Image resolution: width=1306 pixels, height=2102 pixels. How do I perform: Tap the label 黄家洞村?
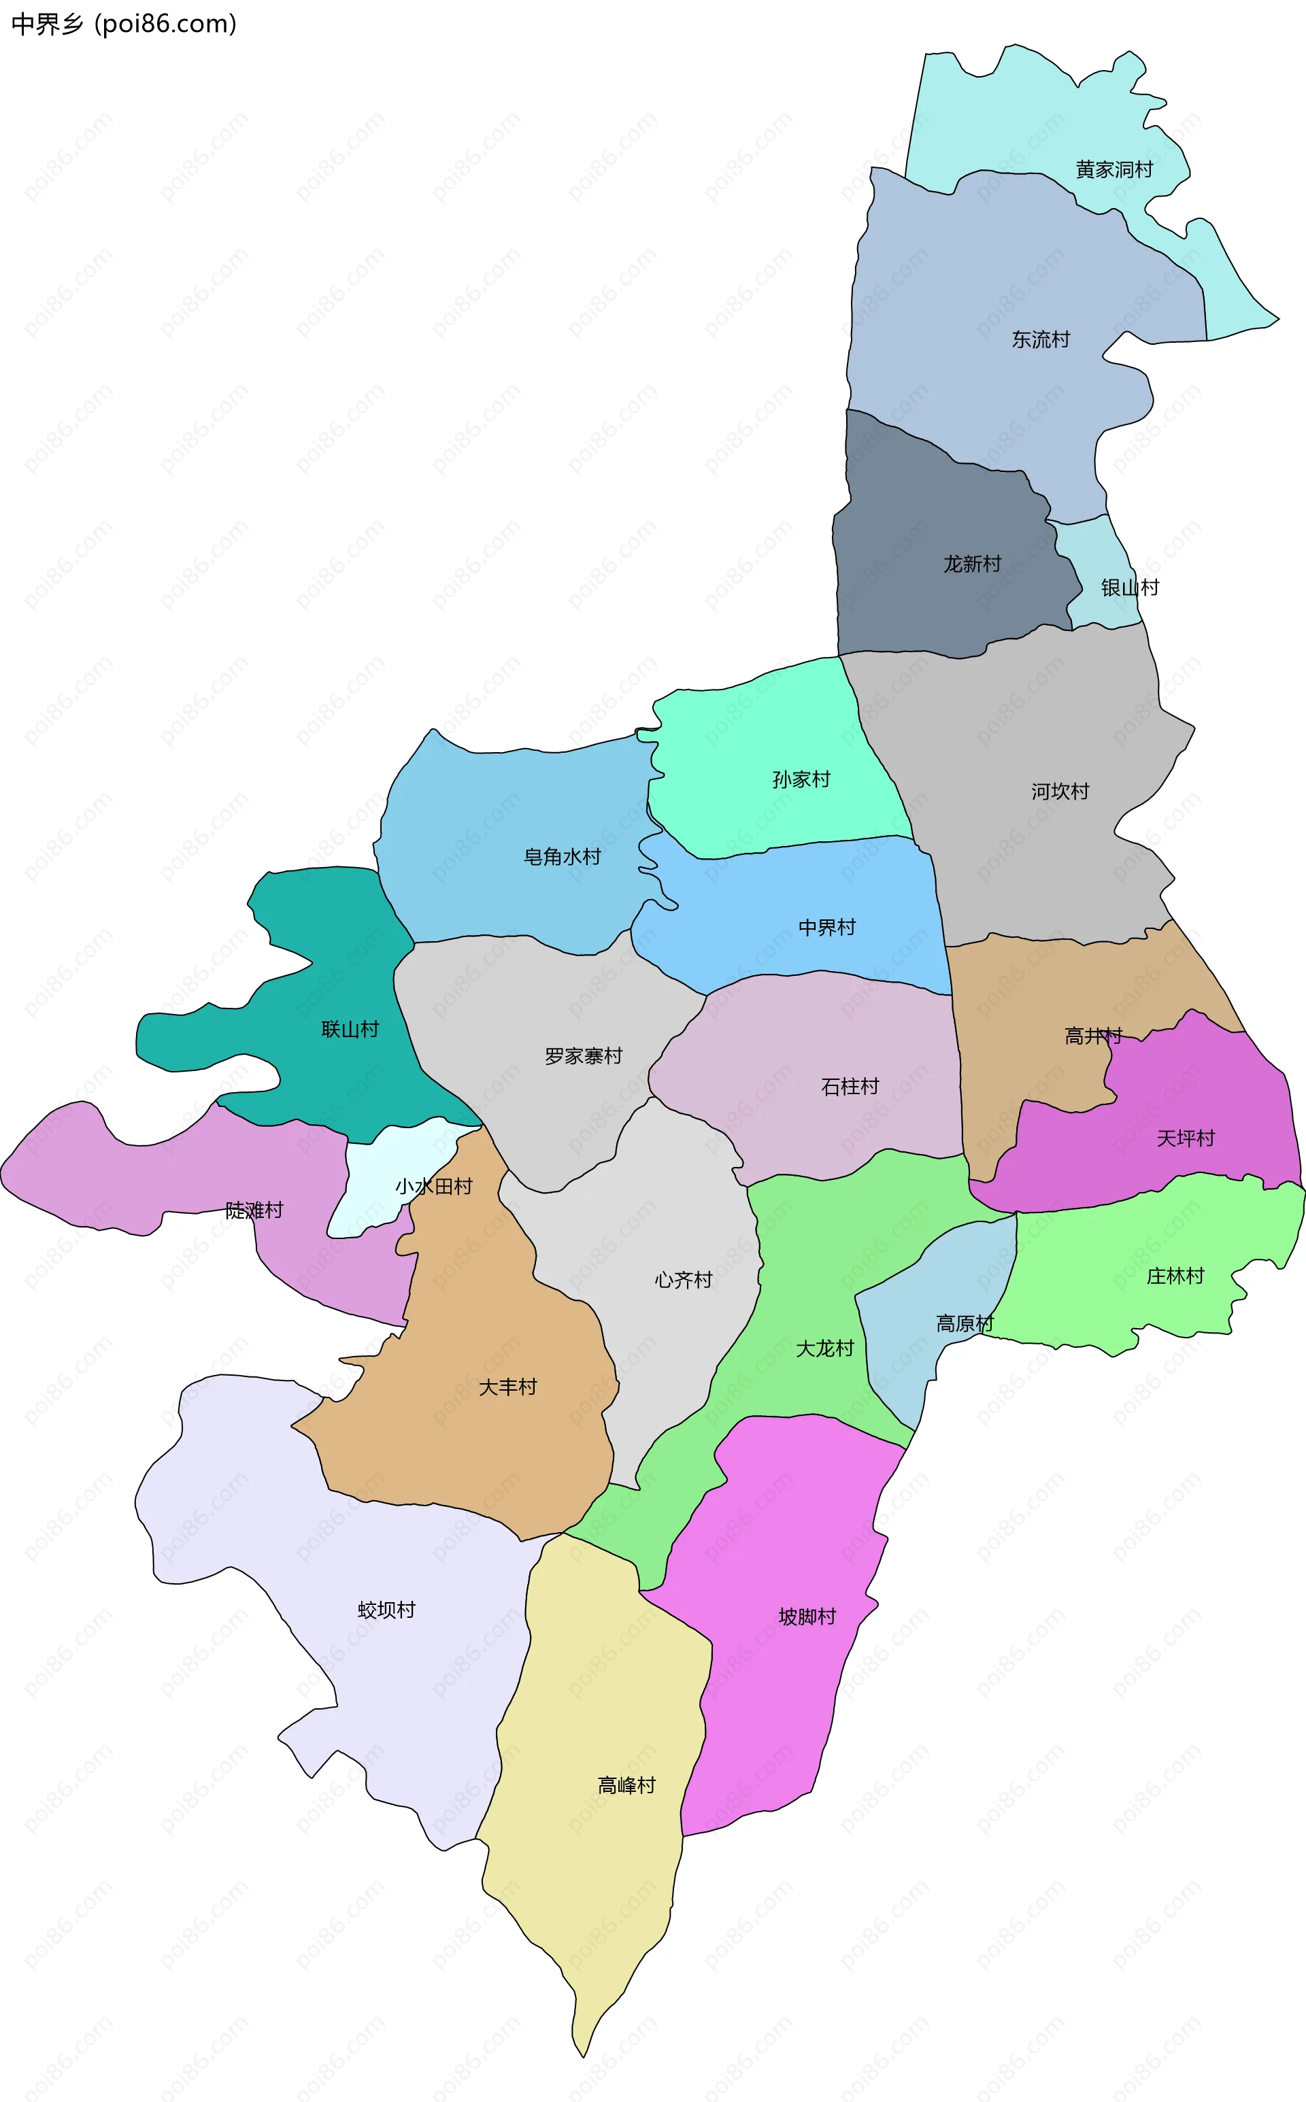pos(1114,169)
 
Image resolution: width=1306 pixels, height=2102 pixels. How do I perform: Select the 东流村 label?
pos(1041,339)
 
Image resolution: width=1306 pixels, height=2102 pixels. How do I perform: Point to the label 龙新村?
pos(972,564)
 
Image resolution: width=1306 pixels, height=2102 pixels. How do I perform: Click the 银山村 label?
pos(1129,588)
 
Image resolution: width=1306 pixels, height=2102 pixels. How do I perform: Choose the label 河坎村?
pos(1060,791)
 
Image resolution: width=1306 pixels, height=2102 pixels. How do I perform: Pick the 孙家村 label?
pos(801,779)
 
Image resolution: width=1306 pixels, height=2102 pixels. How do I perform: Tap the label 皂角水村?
pos(561,857)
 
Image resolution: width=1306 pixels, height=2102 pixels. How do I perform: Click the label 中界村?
pos(826,928)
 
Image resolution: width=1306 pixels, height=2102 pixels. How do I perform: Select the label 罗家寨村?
pos(583,1056)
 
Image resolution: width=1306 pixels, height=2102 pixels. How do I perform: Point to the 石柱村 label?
pos(850,1087)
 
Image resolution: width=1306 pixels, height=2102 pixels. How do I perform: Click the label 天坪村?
pos(1185,1138)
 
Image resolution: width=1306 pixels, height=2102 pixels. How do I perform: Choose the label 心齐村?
pos(683,1280)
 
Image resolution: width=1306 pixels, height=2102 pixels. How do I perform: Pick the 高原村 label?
pos(965,1324)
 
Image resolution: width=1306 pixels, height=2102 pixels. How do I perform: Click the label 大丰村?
pos(508,1387)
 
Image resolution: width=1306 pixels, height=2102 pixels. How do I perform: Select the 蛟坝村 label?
pos(386,1610)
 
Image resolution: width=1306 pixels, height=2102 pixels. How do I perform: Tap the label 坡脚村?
pos(807,1616)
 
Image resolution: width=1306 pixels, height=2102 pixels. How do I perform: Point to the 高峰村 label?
pos(626,1785)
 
